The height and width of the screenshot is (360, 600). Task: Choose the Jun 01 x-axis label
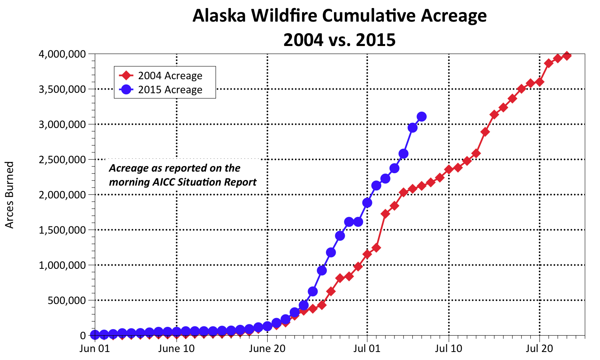coord(95,348)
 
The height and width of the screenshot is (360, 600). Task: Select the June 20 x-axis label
coord(267,348)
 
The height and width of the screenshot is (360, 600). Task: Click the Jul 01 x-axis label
coord(367,348)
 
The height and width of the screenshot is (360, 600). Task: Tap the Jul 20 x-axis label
coord(540,348)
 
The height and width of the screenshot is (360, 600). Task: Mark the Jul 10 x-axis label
coord(449,348)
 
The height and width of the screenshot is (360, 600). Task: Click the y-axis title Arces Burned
coord(10,195)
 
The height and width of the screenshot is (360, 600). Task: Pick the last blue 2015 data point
coord(422,117)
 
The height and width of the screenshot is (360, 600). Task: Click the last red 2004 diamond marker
coord(567,56)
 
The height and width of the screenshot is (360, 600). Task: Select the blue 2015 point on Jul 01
coord(367,203)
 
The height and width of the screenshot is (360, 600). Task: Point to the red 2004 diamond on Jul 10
coord(449,169)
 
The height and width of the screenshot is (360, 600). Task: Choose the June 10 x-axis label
coord(176,348)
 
